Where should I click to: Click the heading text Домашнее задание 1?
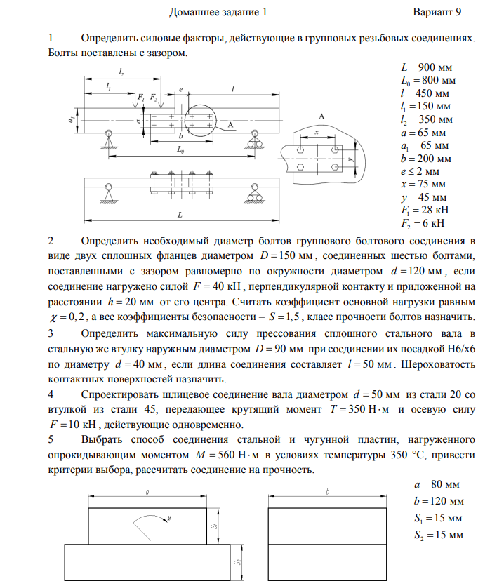(218, 12)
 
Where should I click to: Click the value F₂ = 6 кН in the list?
(421, 224)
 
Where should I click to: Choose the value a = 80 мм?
(437, 485)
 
